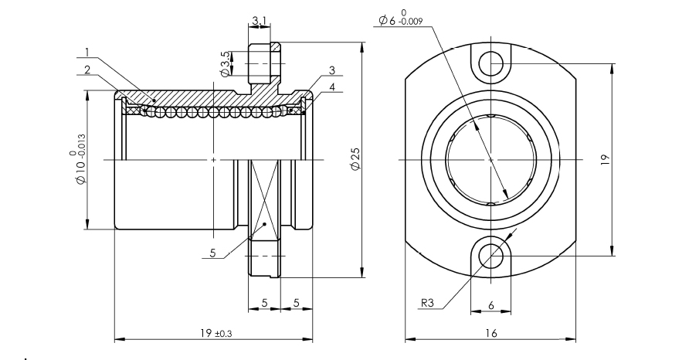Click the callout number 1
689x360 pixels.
tap(87, 53)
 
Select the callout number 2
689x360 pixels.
tap(87, 69)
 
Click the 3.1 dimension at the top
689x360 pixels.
tap(260, 21)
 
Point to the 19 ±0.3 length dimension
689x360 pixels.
tap(212, 333)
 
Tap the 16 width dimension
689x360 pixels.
tap(490, 333)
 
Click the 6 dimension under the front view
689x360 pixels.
tap(491, 304)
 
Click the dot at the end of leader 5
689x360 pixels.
tap(263, 224)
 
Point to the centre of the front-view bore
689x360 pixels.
tap(490, 160)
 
